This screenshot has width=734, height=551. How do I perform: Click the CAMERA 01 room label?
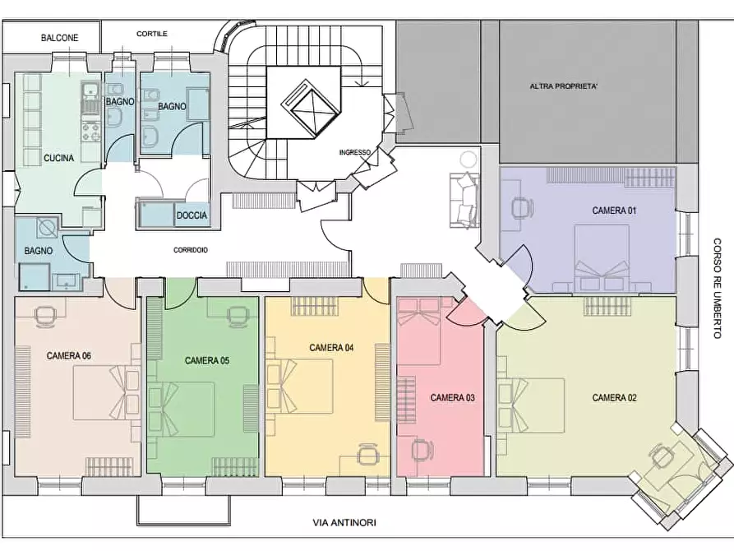(x=614, y=211)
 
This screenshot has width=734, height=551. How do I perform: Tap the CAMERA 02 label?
(x=614, y=398)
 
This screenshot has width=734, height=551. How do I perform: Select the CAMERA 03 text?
(x=452, y=398)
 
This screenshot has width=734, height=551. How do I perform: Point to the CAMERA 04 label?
(x=331, y=348)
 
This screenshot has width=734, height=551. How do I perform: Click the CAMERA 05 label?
(x=207, y=361)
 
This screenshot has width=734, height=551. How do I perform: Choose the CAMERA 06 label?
(x=69, y=356)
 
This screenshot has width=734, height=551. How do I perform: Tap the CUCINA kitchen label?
(x=58, y=159)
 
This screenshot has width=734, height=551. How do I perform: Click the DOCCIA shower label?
(x=192, y=215)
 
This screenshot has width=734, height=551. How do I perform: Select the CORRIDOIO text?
(x=191, y=250)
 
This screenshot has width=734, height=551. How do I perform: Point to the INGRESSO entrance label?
(x=355, y=152)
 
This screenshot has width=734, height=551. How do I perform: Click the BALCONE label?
(x=59, y=38)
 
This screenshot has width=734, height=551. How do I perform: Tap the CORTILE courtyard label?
(x=152, y=34)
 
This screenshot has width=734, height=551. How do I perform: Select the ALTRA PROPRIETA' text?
(x=564, y=86)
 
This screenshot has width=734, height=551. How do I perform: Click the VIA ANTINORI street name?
(x=344, y=522)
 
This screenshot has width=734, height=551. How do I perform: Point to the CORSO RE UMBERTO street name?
(x=717, y=288)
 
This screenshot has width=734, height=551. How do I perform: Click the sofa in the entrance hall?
(x=464, y=201)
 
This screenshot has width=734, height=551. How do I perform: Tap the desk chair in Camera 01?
(x=522, y=208)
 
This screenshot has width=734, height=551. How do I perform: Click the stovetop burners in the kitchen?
(x=90, y=131)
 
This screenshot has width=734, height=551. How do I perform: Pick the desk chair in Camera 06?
(x=44, y=315)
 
